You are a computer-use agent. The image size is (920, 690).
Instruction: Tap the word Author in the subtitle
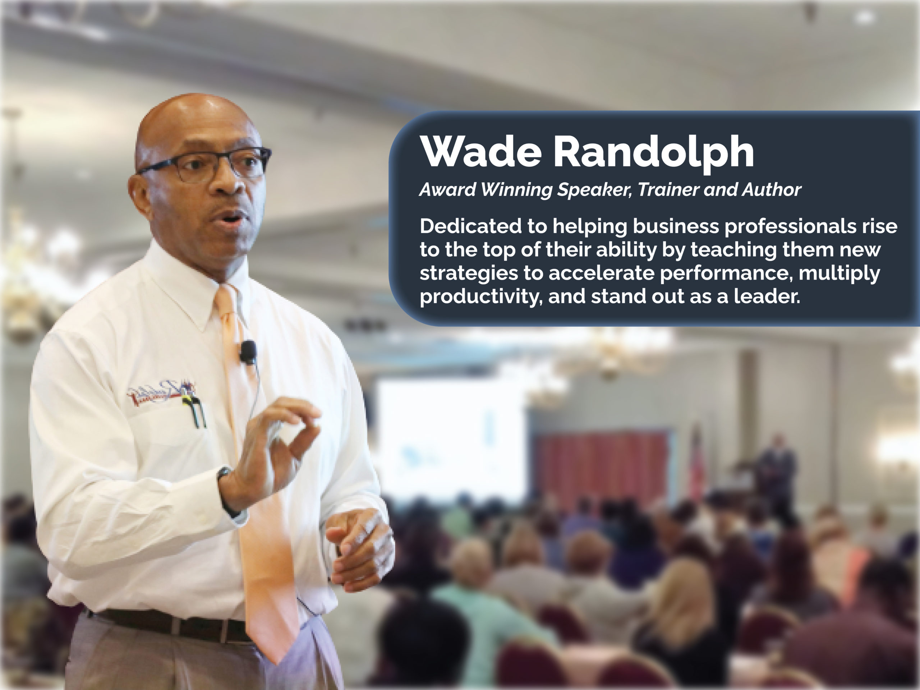coord(772,190)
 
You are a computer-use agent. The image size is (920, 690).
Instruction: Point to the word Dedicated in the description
coord(470,226)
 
